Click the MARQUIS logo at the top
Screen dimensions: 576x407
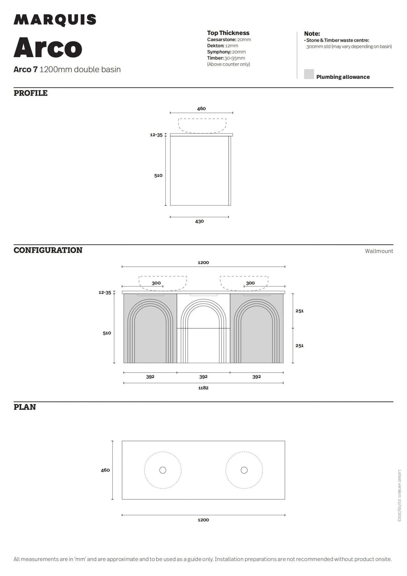click(x=55, y=20)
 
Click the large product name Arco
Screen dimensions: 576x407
click(x=48, y=48)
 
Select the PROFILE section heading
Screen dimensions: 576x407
click(x=31, y=93)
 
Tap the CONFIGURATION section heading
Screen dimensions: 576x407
click(x=48, y=250)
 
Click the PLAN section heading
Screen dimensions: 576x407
click(x=25, y=407)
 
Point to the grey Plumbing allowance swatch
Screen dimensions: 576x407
click(x=309, y=74)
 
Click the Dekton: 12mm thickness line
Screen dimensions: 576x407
click(x=223, y=46)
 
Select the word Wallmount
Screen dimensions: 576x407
click(x=379, y=251)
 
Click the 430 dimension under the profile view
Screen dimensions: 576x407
click(x=199, y=221)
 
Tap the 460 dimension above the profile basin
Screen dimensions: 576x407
click(x=201, y=109)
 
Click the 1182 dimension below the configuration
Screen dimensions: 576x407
click(x=203, y=388)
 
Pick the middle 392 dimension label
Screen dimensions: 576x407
click(x=203, y=377)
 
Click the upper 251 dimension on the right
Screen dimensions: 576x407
click(x=299, y=311)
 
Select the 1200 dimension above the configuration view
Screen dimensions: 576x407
click(x=203, y=262)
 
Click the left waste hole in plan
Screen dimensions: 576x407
click(x=163, y=470)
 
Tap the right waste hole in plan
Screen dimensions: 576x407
click(x=244, y=470)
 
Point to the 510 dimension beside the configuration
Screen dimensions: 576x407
click(x=107, y=333)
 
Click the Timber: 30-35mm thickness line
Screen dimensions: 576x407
click(x=226, y=58)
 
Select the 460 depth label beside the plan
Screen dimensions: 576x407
click(x=105, y=470)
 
